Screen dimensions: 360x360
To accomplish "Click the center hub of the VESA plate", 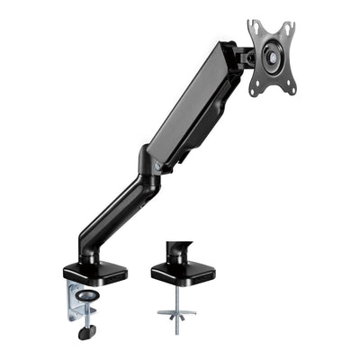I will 269,56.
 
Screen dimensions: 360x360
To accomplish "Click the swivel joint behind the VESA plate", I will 240,58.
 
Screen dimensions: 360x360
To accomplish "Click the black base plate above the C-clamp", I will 94,271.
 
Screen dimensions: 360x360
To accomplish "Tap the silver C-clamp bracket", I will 72,301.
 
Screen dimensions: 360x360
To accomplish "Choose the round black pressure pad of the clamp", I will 87,293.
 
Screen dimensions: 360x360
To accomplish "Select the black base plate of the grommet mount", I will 181,272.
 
